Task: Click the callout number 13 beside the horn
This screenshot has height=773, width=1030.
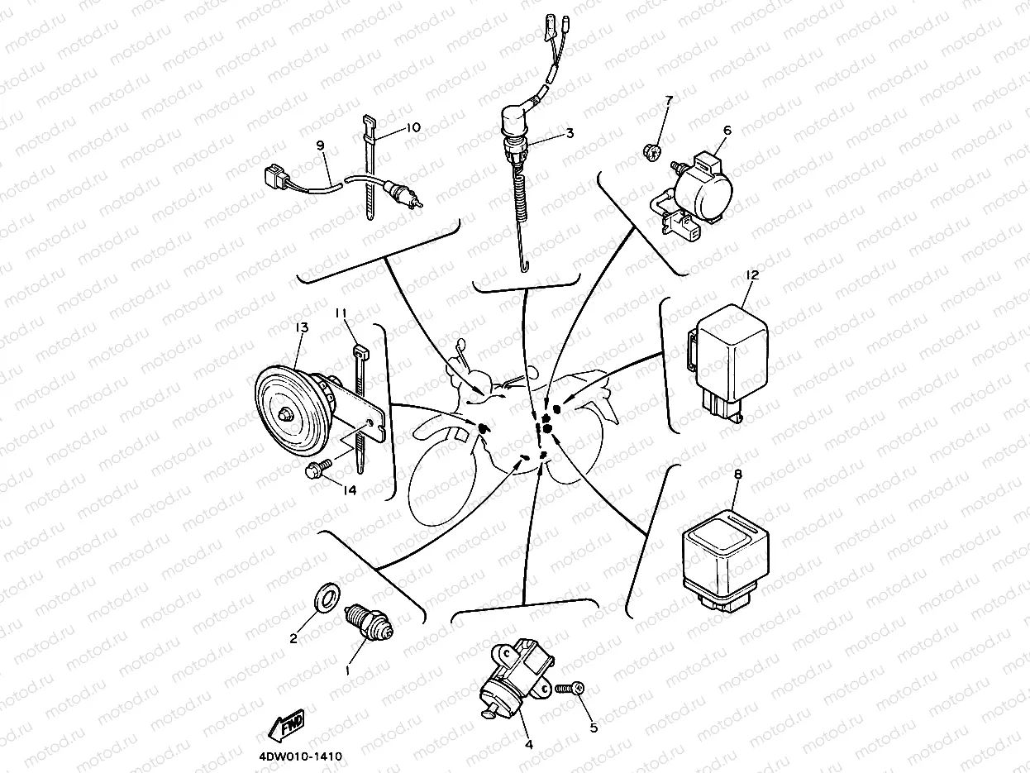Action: (x=300, y=327)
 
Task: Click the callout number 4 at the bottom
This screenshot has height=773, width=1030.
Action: (x=528, y=743)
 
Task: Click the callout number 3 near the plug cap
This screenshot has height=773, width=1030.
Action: (x=570, y=132)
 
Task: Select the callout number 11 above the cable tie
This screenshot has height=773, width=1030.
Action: (x=341, y=313)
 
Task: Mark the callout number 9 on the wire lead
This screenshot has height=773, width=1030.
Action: (x=320, y=145)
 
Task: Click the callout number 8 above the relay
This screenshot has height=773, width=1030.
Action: (x=737, y=475)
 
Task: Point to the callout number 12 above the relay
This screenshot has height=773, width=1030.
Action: (x=751, y=274)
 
